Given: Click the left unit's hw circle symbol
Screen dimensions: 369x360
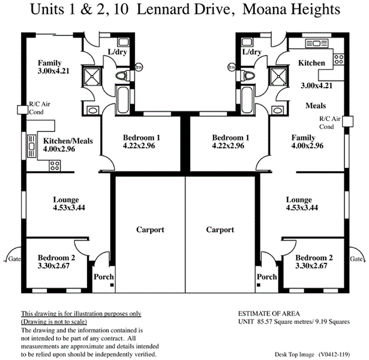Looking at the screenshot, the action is coord(139,67).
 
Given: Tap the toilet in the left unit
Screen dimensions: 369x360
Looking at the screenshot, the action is coord(122,76).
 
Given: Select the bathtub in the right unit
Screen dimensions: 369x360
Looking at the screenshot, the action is coord(247,100).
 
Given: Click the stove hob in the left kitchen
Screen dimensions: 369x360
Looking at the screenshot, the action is coord(55,166).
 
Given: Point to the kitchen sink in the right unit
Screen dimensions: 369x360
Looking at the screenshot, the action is coord(316,44).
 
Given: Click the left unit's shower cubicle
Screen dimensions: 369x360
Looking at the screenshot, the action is coord(92,76).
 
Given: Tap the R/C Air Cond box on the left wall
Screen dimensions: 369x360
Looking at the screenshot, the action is coord(23,110).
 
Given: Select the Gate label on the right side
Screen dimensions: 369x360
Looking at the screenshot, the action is coord(356,259).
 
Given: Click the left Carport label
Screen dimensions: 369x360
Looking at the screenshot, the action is coord(150,229).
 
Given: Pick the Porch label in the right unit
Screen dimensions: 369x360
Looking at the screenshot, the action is coord(267,277).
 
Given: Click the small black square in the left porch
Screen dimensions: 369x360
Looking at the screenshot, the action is coord(112,285).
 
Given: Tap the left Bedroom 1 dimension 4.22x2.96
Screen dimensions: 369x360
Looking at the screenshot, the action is coord(139,146).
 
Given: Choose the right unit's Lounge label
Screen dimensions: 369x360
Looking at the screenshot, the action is coord(299,200).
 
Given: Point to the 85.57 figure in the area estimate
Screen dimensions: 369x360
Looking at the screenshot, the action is coord(264,322).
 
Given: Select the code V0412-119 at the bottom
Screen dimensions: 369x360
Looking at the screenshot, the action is coord(334,355).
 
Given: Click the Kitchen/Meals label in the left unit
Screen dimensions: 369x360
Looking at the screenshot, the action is coord(68,141).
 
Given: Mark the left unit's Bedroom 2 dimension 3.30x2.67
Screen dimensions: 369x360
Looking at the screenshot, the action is coord(53,266).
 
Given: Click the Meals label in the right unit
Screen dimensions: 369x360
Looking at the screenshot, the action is coord(316,106).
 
